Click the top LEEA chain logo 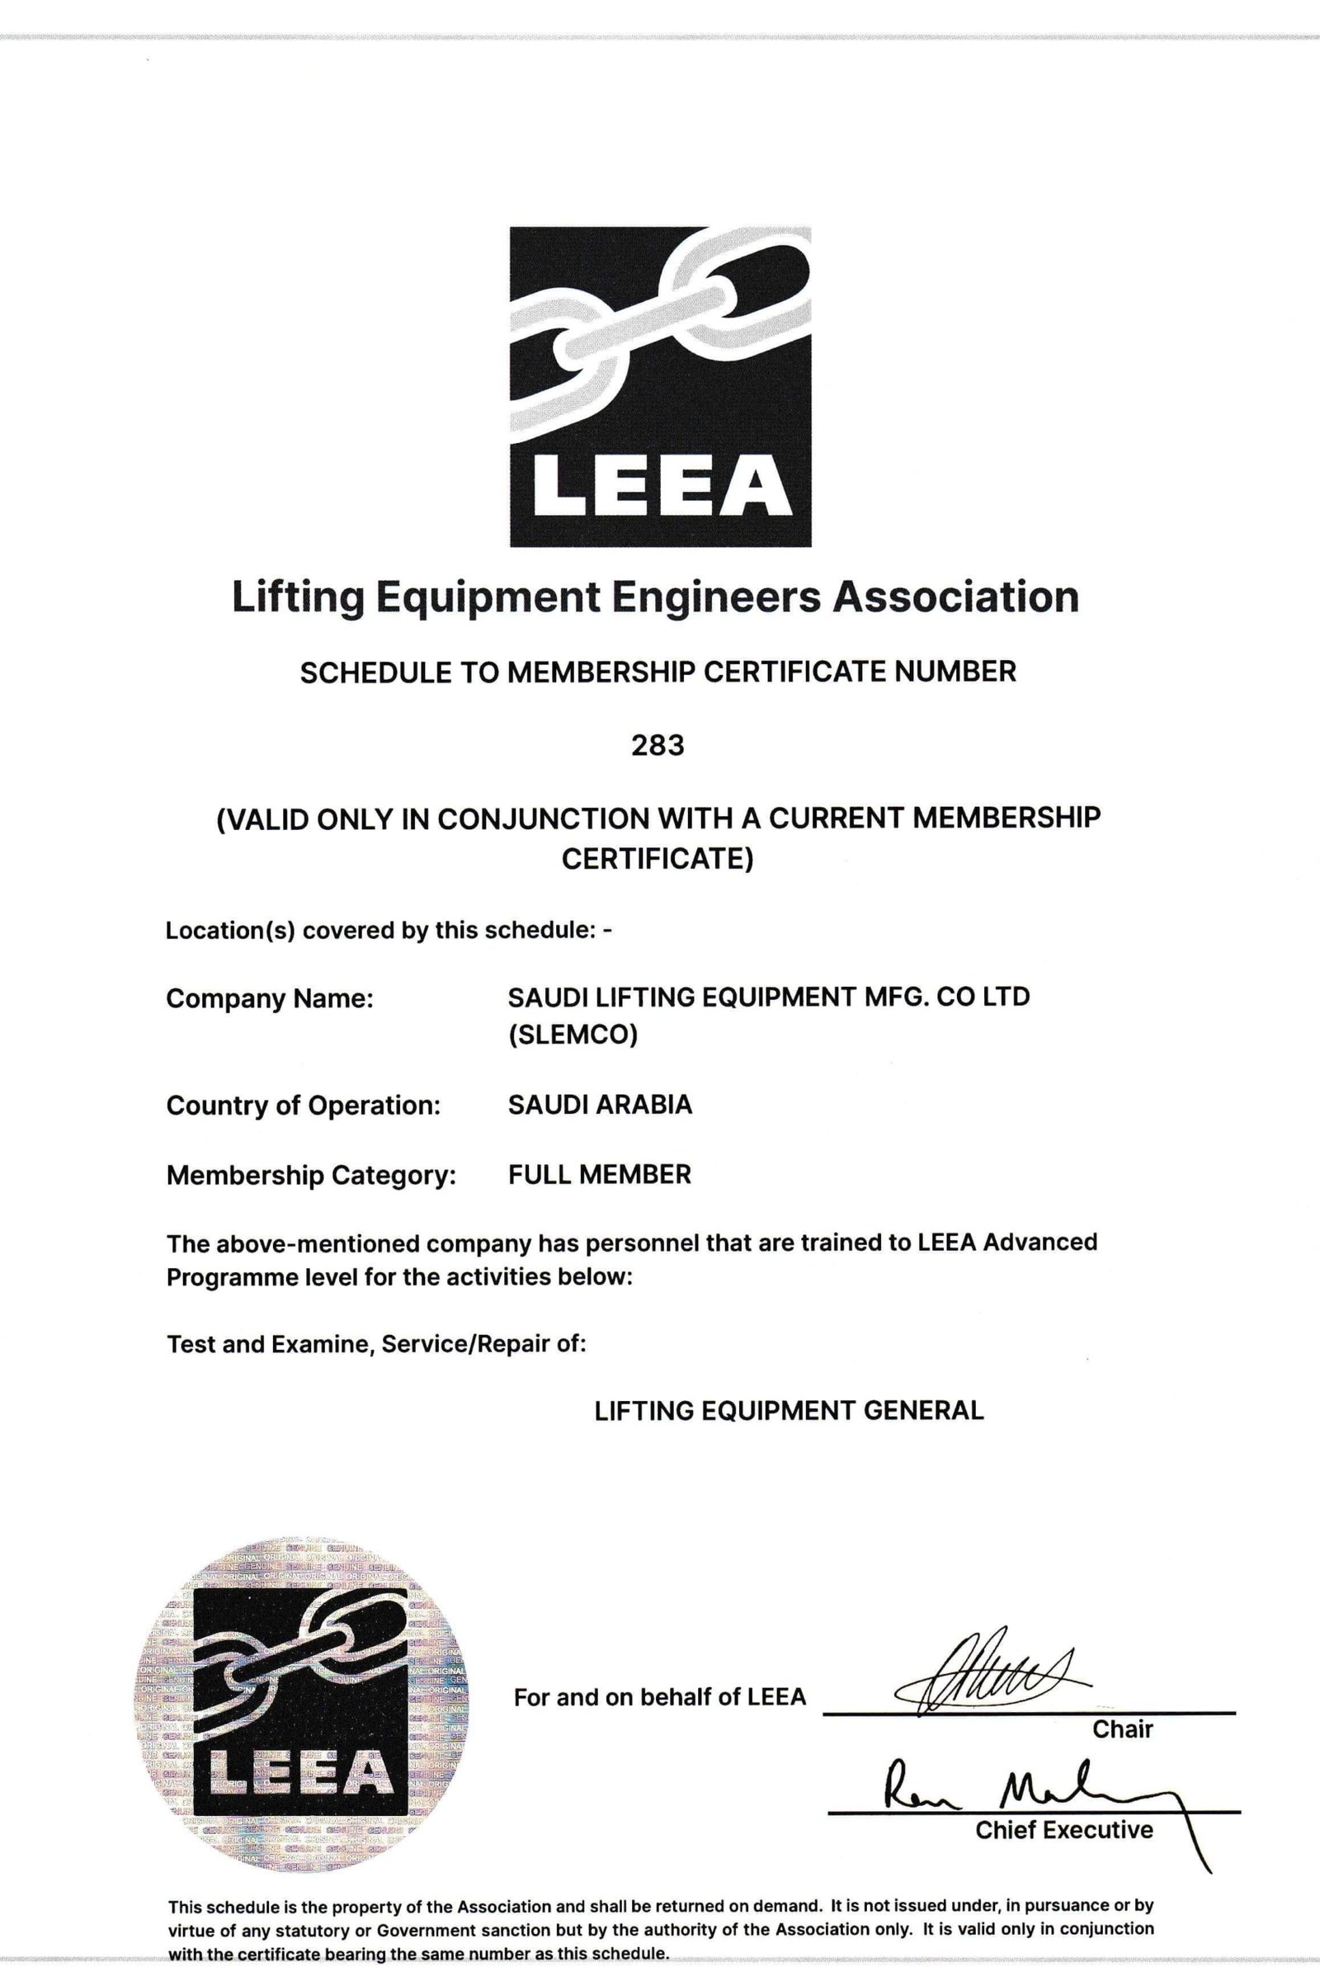point(660,386)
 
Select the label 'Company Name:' point(270,998)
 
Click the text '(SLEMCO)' point(573,1035)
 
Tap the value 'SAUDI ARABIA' point(600,1105)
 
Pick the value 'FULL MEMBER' point(600,1174)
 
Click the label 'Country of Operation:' point(303,1106)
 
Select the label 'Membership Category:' point(311,1175)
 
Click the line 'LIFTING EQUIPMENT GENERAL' point(789,1411)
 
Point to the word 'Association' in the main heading point(955,597)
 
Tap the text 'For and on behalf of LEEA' point(660,1697)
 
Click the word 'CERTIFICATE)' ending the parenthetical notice point(657,860)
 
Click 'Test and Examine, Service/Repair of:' point(375,1343)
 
